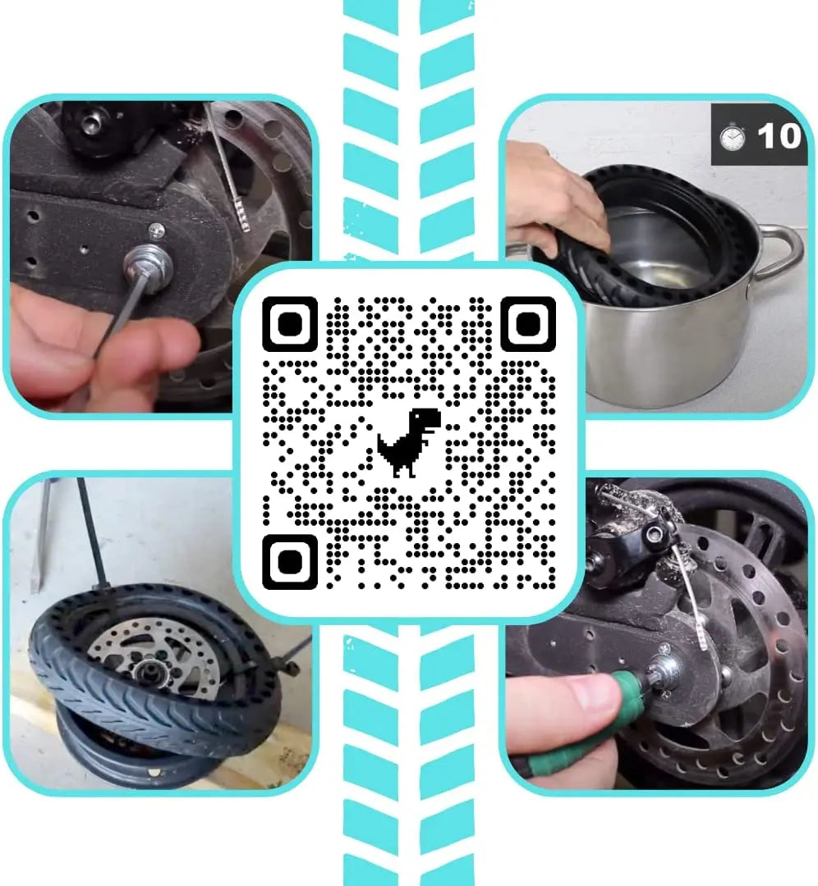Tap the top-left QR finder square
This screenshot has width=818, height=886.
click(289, 324)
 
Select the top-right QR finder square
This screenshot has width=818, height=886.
click(528, 324)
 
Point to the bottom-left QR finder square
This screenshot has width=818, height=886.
click(289, 562)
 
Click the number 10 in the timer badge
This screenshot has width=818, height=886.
click(778, 136)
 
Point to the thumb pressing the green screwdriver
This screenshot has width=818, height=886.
click(567, 697)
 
